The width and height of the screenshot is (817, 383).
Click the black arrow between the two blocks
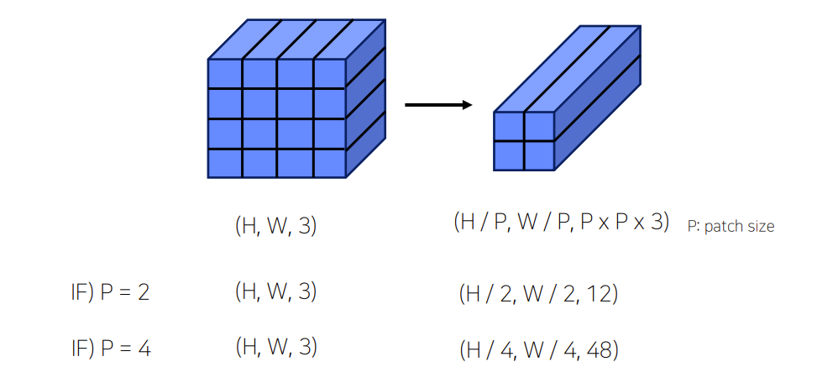point(437,105)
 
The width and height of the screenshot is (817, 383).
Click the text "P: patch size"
point(730,226)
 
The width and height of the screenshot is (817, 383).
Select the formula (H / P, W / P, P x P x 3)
point(561,223)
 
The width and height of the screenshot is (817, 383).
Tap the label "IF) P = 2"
point(110,293)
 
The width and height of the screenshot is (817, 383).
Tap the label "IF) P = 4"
point(110,347)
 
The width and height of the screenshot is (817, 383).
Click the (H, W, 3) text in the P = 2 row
point(276,292)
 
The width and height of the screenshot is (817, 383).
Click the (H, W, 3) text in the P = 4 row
point(276,346)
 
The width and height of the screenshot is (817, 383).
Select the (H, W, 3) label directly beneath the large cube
point(276,225)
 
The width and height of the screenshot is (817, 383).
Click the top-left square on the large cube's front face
point(225,73)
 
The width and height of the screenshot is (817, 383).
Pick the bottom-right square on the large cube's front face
point(329,163)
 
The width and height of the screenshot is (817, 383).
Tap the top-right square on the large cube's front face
point(329,73)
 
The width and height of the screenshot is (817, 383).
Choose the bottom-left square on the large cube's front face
point(225,163)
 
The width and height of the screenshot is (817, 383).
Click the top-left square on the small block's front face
point(509,126)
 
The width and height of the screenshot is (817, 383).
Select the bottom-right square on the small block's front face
point(539,155)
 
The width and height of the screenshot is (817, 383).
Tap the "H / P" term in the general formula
point(481,223)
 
